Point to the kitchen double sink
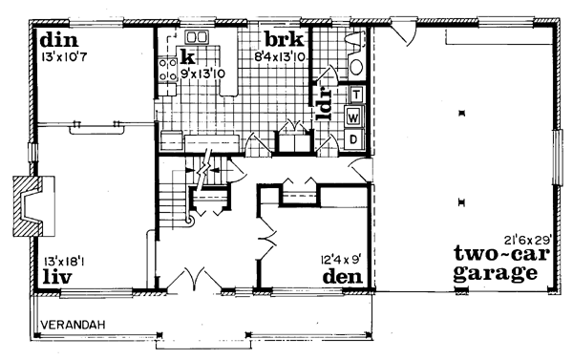tap(198, 39)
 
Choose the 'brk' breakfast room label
tap(284, 40)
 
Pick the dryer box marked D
tap(353, 138)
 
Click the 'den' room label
tap(342, 276)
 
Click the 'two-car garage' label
tap(495, 264)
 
